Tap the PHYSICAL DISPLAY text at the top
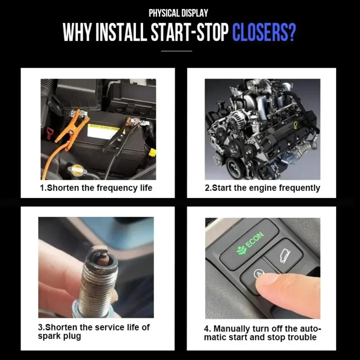(179, 13)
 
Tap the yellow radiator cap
(77, 170)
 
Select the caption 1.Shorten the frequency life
(96, 188)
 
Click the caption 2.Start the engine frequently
(262, 188)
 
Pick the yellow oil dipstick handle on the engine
(295, 125)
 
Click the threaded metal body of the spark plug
(95, 288)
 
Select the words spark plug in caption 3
(59, 337)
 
